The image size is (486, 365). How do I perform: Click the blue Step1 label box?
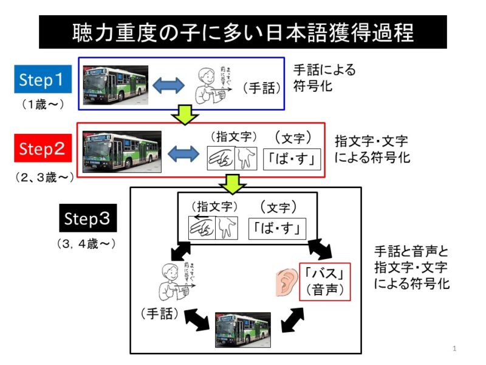[x=45, y=79]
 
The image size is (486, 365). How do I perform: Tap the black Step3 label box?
[x=87, y=219]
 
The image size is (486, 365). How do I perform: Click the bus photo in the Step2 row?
[x=123, y=153]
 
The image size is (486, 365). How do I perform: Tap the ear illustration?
[x=284, y=280]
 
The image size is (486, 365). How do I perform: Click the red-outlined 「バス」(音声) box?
[x=325, y=280]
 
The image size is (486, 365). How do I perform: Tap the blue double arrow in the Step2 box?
[x=183, y=155]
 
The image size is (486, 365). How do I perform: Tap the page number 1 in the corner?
[x=454, y=349]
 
